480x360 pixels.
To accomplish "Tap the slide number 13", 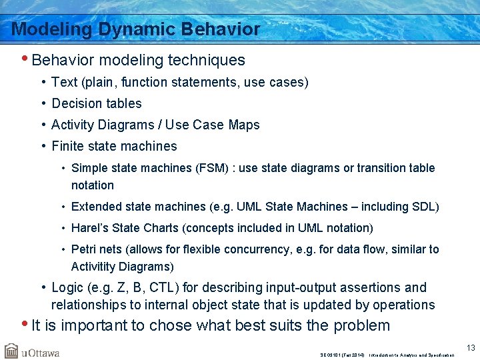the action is tap(471, 347).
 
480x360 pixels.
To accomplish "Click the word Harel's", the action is tap(89, 228).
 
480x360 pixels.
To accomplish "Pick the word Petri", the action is tap(84, 249).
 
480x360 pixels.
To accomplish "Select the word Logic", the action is tap(67, 288).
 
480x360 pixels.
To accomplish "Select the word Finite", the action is tap(66, 146).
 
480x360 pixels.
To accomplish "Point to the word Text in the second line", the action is tap(64, 82).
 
